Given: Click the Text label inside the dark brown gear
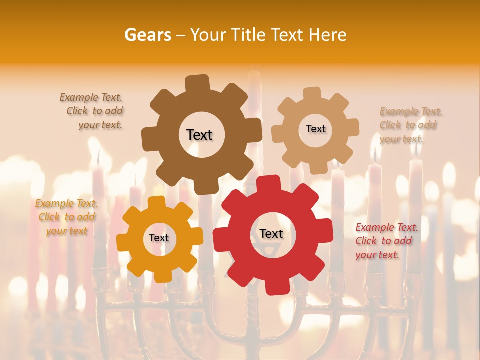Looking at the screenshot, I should click(199, 135).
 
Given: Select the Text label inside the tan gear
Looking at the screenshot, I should click(315, 129).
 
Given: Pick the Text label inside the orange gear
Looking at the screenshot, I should click(159, 238).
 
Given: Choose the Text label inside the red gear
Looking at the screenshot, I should click(271, 233).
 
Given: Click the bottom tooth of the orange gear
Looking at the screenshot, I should click(161, 275).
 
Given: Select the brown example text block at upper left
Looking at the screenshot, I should click(92, 111).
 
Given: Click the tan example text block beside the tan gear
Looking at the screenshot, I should click(410, 125).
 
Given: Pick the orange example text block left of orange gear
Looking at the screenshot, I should click(66, 217).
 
